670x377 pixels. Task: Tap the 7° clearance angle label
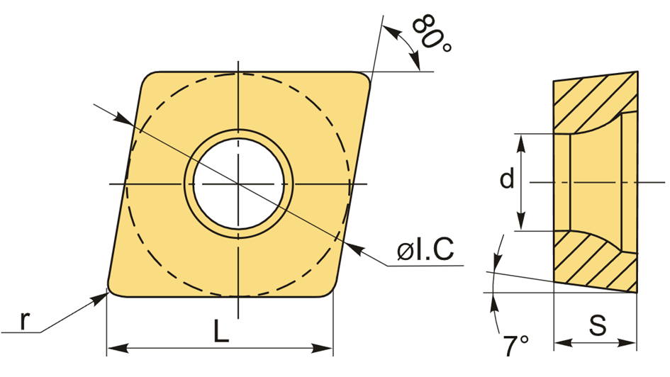click(515, 346)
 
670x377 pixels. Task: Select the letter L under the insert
click(221, 331)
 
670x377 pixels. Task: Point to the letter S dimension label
click(598, 325)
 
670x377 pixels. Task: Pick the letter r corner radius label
click(26, 320)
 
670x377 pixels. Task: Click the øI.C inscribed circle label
click(425, 249)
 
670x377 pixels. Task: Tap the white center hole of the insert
click(238, 184)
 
